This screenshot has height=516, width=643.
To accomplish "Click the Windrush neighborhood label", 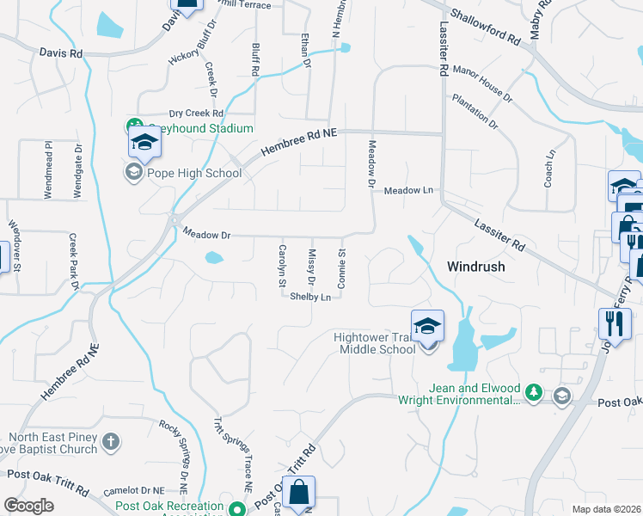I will (x=475, y=267).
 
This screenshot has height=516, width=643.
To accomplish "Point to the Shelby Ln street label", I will (x=310, y=297).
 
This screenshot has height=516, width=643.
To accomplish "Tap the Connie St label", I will (x=341, y=268).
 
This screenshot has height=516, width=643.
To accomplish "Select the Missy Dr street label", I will (x=311, y=268).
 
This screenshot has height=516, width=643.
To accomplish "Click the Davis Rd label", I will (x=60, y=53).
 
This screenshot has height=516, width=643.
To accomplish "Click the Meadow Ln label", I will (x=408, y=190).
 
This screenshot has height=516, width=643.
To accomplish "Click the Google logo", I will (x=28, y=506).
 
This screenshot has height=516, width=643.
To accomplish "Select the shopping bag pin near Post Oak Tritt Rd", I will (x=298, y=493).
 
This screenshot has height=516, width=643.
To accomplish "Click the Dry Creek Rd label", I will (x=196, y=114).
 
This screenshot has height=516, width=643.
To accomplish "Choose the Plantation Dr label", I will (x=475, y=112).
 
